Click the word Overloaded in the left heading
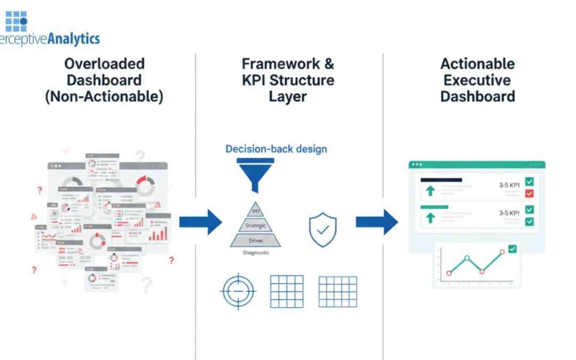[104, 64]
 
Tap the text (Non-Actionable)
[104, 97]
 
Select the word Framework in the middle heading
[268, 64]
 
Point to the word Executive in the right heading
[477, 81]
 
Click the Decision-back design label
[276, 149]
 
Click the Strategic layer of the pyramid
[255, 226]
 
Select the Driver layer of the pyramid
[255, 241]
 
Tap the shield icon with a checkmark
[323, 230]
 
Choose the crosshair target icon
[238, 292]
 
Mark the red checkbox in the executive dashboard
[530, 194]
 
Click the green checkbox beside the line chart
[513, 249]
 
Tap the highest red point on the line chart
[502, 252]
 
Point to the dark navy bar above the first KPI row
[441, 180]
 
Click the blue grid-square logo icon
[16, 21]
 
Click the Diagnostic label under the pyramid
[255, 253]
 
